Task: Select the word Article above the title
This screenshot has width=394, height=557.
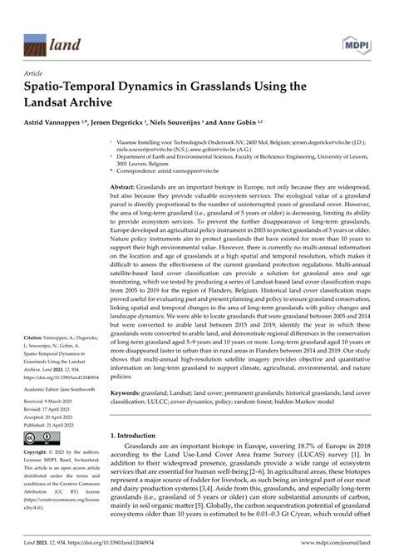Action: coord(36,73)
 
